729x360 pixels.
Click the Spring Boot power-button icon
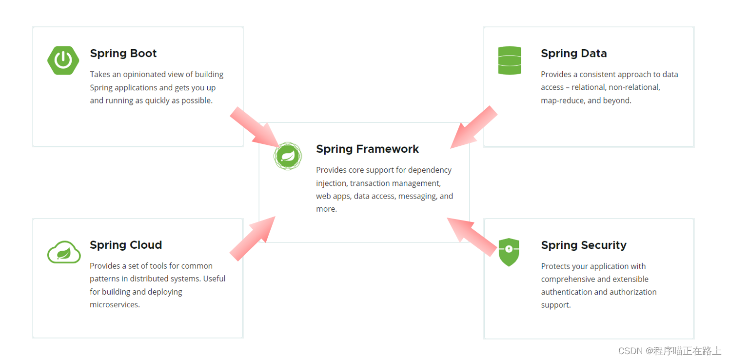(x=63, y=60)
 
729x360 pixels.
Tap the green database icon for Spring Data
(x=510, y=60)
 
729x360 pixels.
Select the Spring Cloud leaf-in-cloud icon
(x=64, y=252)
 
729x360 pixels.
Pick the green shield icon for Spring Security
(x=509, y=252)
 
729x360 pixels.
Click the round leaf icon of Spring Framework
(x=288, y=156)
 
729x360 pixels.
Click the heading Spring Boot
(x=123, y=53)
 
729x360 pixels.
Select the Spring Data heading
(x=574, y=53)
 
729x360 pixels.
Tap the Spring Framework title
(x=367, y=149)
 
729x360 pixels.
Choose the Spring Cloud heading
(x=126, y=245)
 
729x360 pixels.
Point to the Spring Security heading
(x=584, y=245)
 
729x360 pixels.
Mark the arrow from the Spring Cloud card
(x=253, y=238)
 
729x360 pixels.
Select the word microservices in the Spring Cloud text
(x=114, y=304)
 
